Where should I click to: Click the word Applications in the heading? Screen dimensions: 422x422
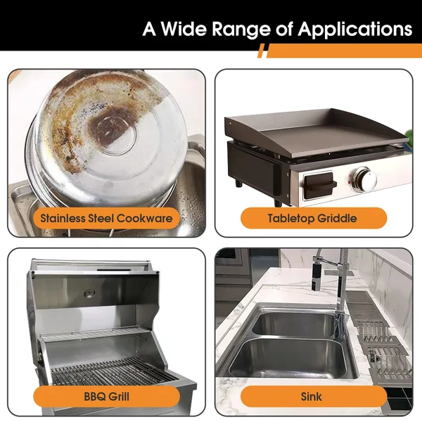click(x=355, y=29)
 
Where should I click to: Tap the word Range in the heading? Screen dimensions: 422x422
click(x=241, y=30)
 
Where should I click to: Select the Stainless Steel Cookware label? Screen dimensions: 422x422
click(x=106, y=218)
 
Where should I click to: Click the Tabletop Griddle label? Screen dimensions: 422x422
click(x=313, y=218)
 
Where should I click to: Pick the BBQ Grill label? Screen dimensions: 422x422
click(x=106, y=397)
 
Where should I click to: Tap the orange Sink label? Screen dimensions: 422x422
click(x=313, y=397)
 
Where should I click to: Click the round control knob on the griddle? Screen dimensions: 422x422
click(x=366, y=179)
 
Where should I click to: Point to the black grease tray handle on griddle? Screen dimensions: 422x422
click(x=319, y=186)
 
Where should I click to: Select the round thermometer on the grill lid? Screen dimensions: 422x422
click(x=89, y=293)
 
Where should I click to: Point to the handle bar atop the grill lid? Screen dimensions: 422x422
click(x=90, y=262)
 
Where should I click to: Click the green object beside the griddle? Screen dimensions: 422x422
click(x=409, y=135)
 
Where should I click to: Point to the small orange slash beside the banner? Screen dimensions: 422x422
click(x=261, y=51)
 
